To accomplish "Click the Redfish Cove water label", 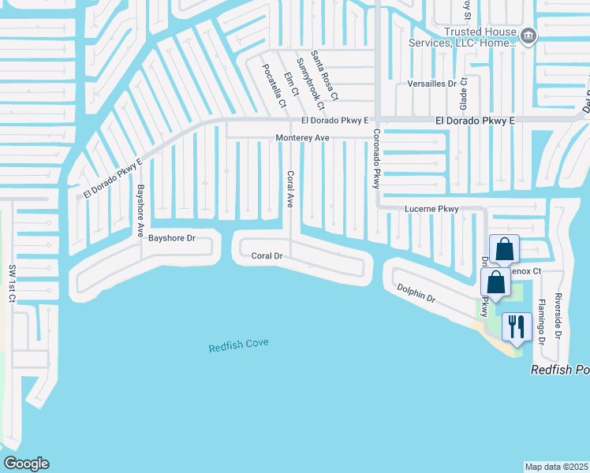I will (238, 345).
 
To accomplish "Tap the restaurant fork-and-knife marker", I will (517, 326).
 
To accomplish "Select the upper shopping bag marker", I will (505, 249).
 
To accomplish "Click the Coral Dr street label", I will (267, 255).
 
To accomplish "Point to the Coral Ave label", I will (289, 189).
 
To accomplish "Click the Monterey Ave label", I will (302, 137).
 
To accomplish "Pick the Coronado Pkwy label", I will (377, 158).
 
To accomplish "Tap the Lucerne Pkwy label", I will (431, 209).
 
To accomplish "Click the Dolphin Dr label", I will (416, 294).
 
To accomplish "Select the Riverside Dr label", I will (558, 315).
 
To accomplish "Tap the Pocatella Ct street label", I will (274, 85).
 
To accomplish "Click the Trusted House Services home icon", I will (529, 35).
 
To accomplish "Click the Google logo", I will (26, 464).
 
